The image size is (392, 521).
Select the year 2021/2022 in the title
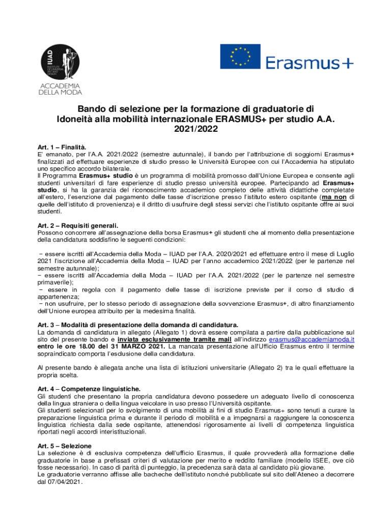196,129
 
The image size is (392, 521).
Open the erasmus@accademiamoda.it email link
312,339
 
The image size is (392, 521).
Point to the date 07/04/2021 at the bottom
63,481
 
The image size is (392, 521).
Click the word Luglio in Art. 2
343,253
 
